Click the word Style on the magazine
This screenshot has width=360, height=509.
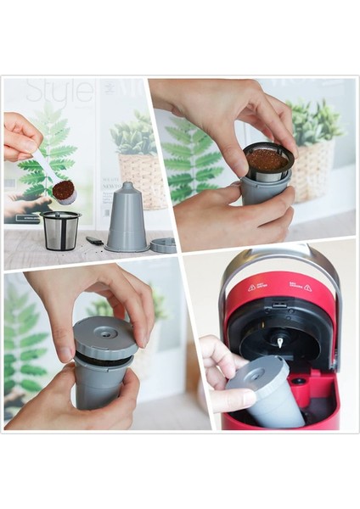pyautogui.click(x=59, y=92)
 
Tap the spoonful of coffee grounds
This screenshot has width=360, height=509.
pyautogui.click(x=63, y=190)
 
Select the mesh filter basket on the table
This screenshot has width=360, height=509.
pyautogui.click(x=60, y=230)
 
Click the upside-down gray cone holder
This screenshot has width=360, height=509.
pyautogui.click(x=127, y=219)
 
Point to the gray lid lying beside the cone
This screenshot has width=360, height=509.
pyautogui.click(x=164, y=244)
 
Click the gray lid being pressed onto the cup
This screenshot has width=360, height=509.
pyautogui.click(x=105, y=338)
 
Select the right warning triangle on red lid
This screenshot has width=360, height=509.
pyautogui.click(x=307, y=288)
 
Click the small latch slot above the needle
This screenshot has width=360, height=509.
pyautogui.click(x=278, y=305)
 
